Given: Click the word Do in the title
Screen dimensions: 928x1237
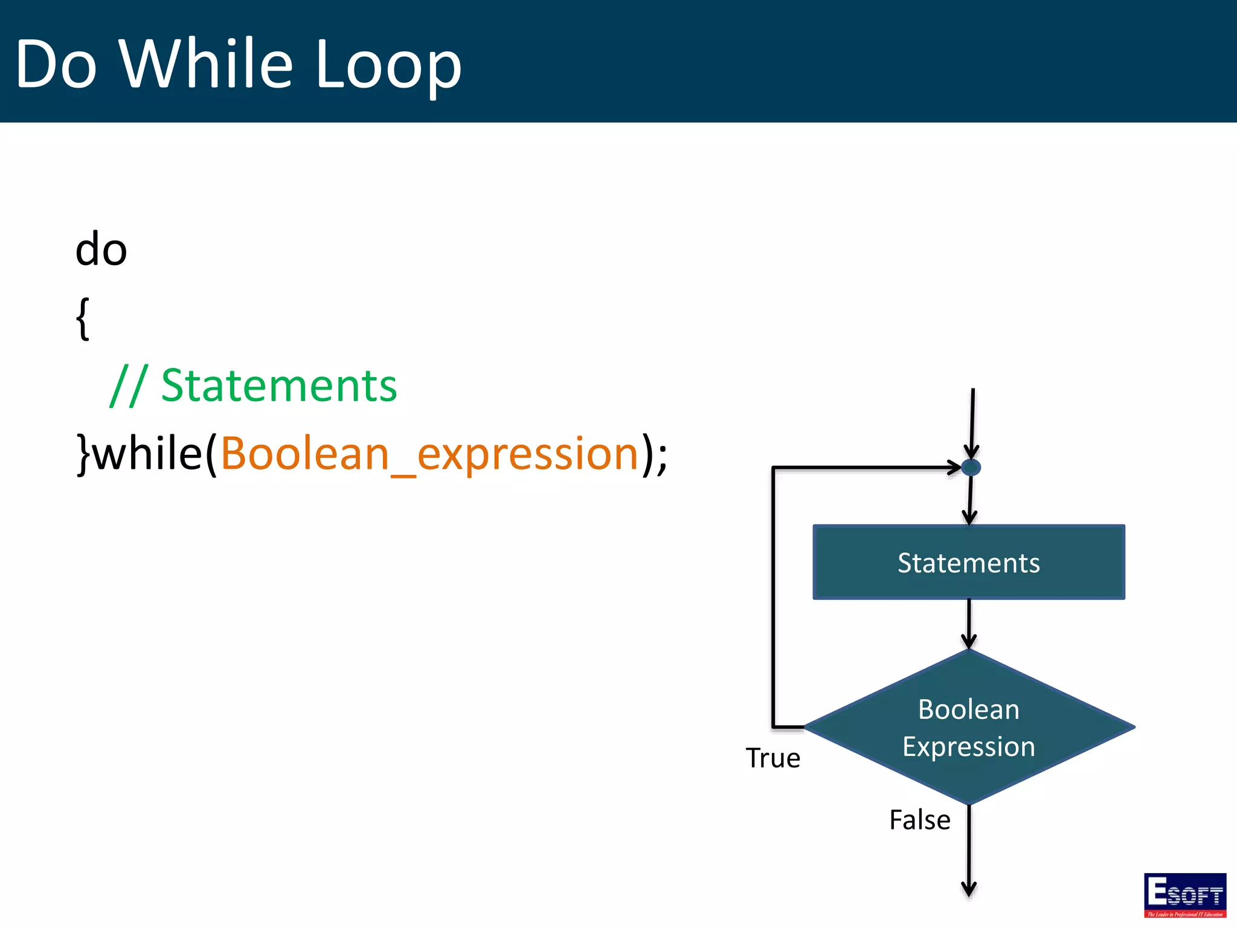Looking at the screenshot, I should point(56,64).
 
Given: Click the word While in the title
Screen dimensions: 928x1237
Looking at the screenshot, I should point(206,63).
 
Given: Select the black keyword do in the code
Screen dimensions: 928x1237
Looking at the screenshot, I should point(101,249).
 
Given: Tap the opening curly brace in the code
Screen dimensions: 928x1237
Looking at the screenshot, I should point(83,318).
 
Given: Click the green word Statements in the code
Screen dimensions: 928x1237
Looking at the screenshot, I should point(279,385).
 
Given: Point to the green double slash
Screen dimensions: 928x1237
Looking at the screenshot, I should point(129,385).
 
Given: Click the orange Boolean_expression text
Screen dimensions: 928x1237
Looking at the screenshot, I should point(429,454).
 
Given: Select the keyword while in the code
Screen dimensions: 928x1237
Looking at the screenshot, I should point(148,453).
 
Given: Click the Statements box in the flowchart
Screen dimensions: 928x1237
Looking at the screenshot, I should point(969,562).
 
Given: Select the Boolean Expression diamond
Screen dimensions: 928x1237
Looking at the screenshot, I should point(969,727).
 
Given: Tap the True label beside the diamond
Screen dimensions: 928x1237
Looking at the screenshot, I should point(773,758).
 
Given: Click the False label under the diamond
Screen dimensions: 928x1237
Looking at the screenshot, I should point(919,820).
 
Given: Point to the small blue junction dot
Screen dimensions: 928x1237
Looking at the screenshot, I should point(971,467).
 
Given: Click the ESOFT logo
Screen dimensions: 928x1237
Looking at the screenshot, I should point(1184,895).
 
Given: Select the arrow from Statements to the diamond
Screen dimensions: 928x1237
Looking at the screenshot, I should point(969,623).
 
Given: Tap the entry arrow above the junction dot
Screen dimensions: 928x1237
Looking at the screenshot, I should point(972,423).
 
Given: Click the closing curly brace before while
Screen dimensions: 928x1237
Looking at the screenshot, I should point(83,454).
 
